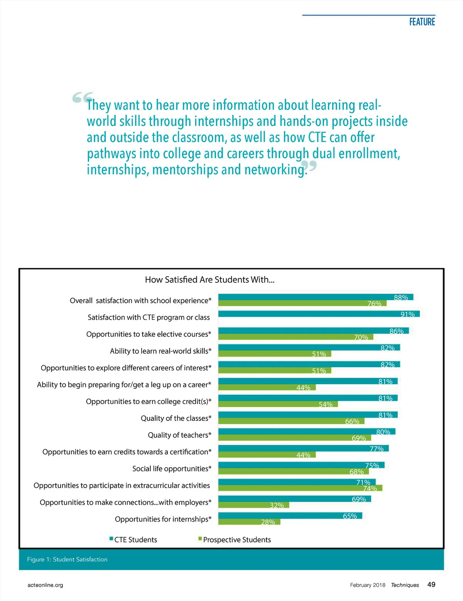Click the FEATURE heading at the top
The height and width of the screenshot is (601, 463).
point(422,22)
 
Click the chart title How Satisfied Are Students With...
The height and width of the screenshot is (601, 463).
point(210,280)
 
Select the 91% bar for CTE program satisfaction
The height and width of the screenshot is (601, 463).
point(319,314)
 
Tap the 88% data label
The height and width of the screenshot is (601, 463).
point(401,297)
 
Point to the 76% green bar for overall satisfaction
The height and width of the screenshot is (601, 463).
point(302,304)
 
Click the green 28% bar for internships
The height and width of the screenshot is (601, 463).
point(249,522)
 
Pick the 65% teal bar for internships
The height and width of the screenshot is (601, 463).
point(290,516)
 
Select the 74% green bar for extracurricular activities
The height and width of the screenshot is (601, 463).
point(300,488)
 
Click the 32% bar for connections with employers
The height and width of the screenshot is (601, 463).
point(253,505)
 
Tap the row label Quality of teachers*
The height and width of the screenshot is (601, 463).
point(179,435)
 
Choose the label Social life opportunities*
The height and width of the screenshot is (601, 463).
point(172,469)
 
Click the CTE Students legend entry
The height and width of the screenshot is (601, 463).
point(133,540)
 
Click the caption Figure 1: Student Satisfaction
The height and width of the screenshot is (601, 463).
point(67,559)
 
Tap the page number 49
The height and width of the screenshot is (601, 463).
point(431,584)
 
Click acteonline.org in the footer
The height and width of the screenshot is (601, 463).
point(45,585)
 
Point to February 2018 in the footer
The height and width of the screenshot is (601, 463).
point(367,585)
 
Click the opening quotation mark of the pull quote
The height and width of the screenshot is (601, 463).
point(82,98)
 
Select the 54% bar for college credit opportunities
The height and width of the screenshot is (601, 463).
point(278,404)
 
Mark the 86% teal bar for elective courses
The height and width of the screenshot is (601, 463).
point(313,331)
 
